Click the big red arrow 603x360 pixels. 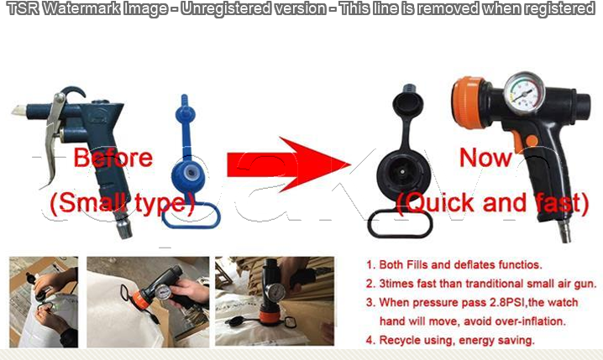coord(288,164)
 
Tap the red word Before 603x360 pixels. coord(113,158)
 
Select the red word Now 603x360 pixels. coord(485,158)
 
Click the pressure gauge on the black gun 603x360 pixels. coord(524,92)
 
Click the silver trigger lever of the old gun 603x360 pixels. coord(54,135)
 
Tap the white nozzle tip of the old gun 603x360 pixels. coord(18,111)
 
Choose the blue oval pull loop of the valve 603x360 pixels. coord(191,215)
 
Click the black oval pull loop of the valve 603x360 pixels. coord(400,224)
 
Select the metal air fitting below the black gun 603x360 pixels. coord(565,232)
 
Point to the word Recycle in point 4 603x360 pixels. coord(398,341)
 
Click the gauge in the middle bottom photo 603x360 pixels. coord(162,295)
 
